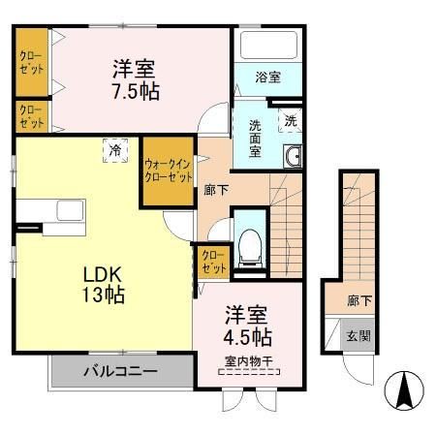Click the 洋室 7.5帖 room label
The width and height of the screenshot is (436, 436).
pos(135,80)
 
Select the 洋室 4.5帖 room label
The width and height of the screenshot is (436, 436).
pos(248,327)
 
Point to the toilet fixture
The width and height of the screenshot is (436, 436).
pos(250,243)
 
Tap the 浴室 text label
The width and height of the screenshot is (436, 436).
pos(268,78)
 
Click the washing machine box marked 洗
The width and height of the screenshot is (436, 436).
pos(290,121)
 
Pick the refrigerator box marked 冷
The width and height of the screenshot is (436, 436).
pos(115,150)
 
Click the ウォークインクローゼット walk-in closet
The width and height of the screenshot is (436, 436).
pos(167,171)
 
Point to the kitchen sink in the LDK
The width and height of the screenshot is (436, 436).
pos(70,211)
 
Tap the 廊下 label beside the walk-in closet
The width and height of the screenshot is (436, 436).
pos(216,189)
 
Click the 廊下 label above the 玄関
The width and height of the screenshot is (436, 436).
pos(358,301)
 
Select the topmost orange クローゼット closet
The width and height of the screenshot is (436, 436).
pos(31,62)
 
